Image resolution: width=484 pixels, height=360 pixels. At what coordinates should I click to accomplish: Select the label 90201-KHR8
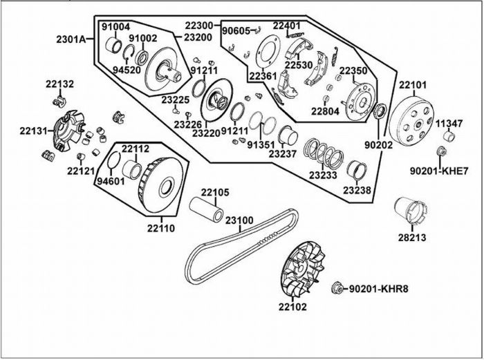378,287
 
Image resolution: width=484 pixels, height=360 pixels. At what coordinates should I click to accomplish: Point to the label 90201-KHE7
440,170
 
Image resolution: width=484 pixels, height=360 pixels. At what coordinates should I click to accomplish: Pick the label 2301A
70,39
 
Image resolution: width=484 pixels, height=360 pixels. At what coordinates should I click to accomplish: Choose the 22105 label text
215,192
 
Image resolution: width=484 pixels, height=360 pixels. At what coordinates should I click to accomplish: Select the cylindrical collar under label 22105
207,210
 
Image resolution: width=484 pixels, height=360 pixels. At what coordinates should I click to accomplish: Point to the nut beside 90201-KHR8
337,287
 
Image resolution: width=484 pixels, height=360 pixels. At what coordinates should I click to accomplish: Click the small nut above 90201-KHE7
440,151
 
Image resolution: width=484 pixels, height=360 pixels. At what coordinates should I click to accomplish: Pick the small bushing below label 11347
449,135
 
